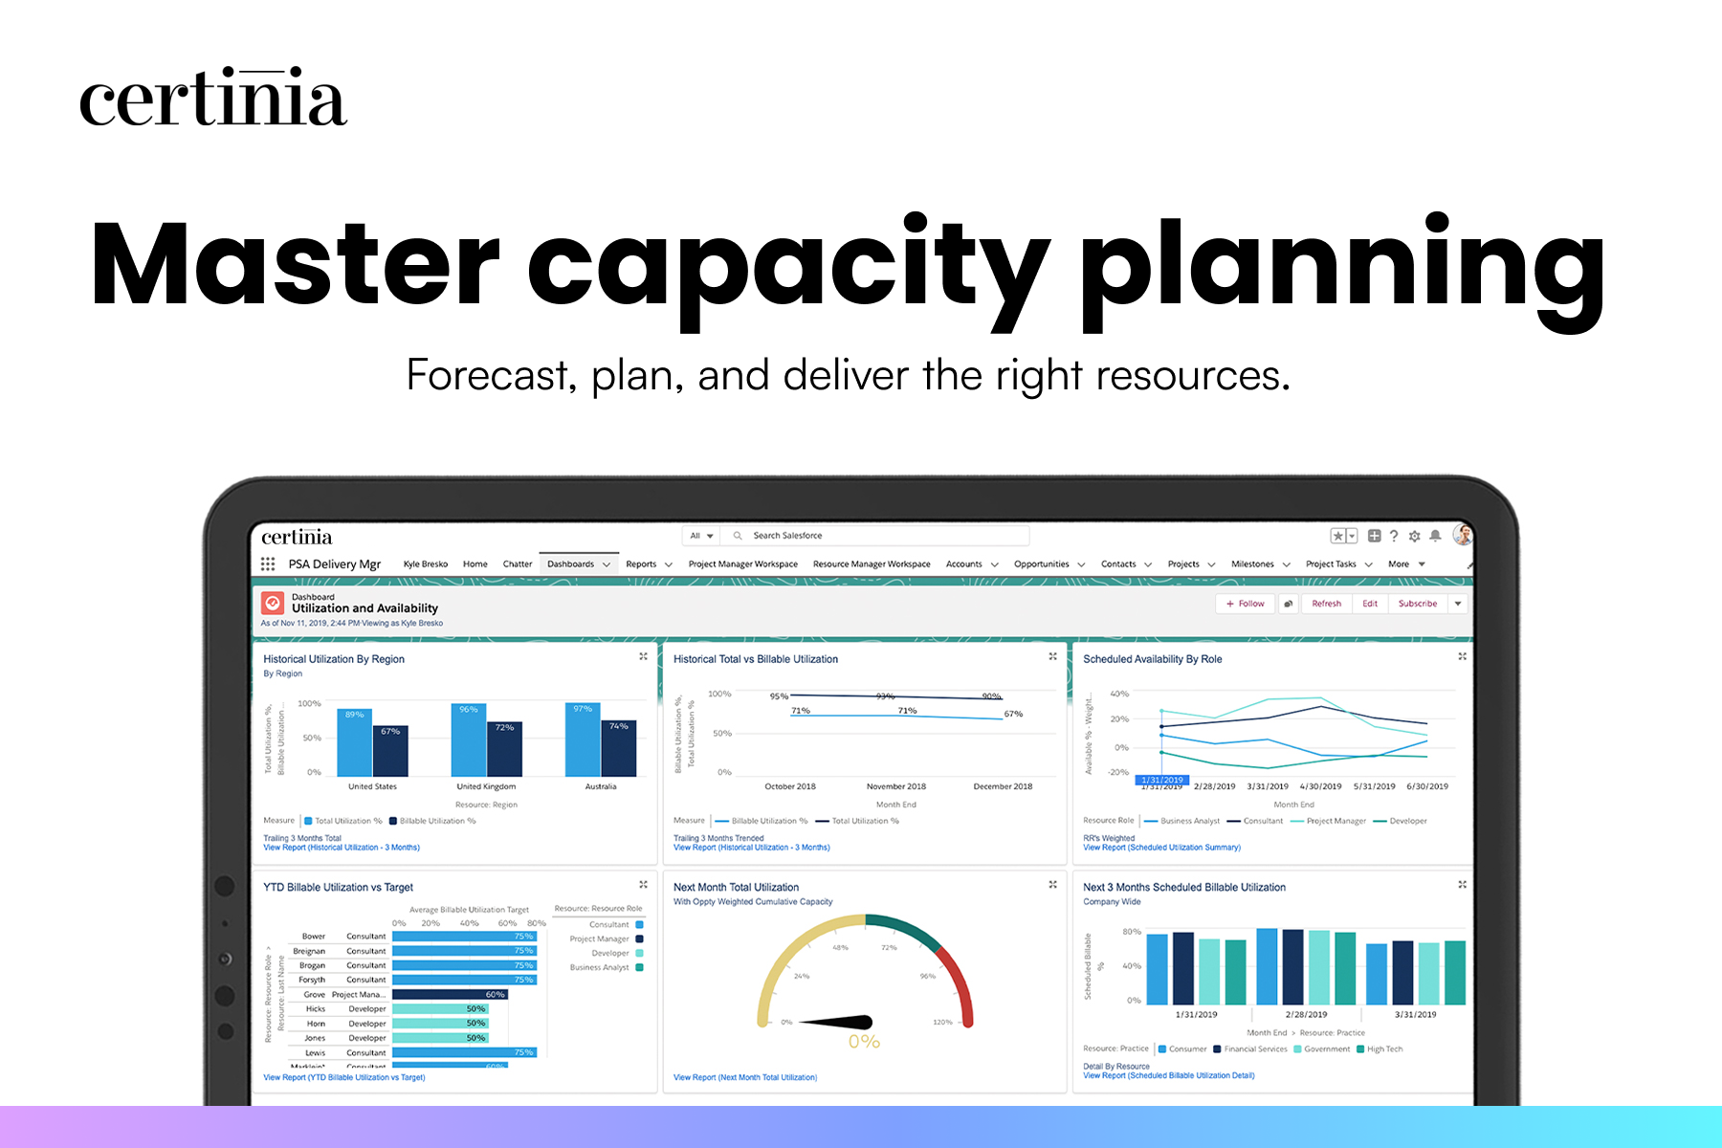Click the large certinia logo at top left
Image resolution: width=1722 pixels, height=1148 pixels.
[x=212, y=99]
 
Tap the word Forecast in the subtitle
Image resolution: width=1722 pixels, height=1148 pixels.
[x=490, y=375]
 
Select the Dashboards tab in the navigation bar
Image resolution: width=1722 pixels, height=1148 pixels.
[x=571, y=564]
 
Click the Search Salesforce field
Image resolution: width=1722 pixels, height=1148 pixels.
[x=880, y=536]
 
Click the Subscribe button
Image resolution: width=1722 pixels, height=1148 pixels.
[x=1417, y=604]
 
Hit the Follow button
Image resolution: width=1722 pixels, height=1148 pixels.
[x=1245, y=604]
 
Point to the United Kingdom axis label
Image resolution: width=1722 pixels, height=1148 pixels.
[x=486, y=786]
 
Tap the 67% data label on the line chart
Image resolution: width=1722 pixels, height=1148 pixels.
[x=1013, y=714]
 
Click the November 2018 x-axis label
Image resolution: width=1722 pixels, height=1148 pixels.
[x=895, y=786]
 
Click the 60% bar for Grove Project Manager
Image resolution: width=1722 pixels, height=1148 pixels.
[x=450, y=995]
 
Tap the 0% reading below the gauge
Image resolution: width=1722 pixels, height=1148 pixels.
[x=864, y=1042]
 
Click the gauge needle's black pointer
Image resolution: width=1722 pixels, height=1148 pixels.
[x=842, y=1023]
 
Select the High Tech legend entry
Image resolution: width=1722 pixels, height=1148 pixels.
[x=1383, y=1049]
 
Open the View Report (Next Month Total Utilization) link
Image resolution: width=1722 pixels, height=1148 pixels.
[x=745, y=1077]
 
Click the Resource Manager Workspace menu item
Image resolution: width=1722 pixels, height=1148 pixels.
[x=872, y=564]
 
